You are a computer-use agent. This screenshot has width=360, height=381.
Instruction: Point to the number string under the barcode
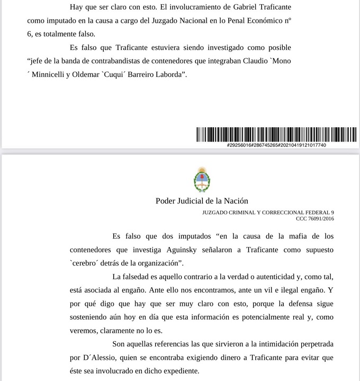(276, 145)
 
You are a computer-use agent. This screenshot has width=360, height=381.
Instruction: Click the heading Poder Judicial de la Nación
(202, 201)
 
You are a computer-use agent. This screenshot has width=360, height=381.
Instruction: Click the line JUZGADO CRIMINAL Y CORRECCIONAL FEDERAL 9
(268, 212)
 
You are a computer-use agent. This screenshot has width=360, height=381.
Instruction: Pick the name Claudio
(253, 61)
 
